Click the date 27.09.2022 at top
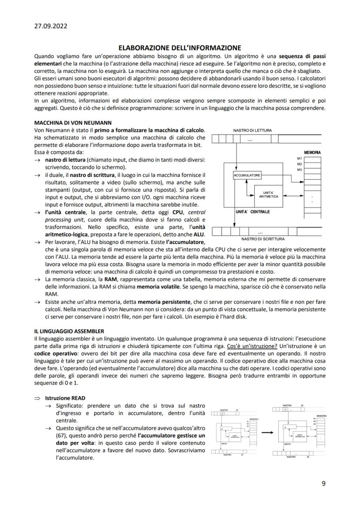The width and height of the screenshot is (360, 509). point(50,26)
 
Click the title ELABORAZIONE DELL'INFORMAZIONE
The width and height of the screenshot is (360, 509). point(180,48)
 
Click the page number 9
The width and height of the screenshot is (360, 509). point(323,483)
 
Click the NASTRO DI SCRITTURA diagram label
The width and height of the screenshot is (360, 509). point(263,239)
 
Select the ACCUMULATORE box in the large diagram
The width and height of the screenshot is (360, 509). point(247,175)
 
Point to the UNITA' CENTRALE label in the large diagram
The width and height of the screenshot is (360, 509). point(253,212)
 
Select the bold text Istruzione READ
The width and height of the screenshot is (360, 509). point(65,398)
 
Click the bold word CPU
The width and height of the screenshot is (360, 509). point(178,212)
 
